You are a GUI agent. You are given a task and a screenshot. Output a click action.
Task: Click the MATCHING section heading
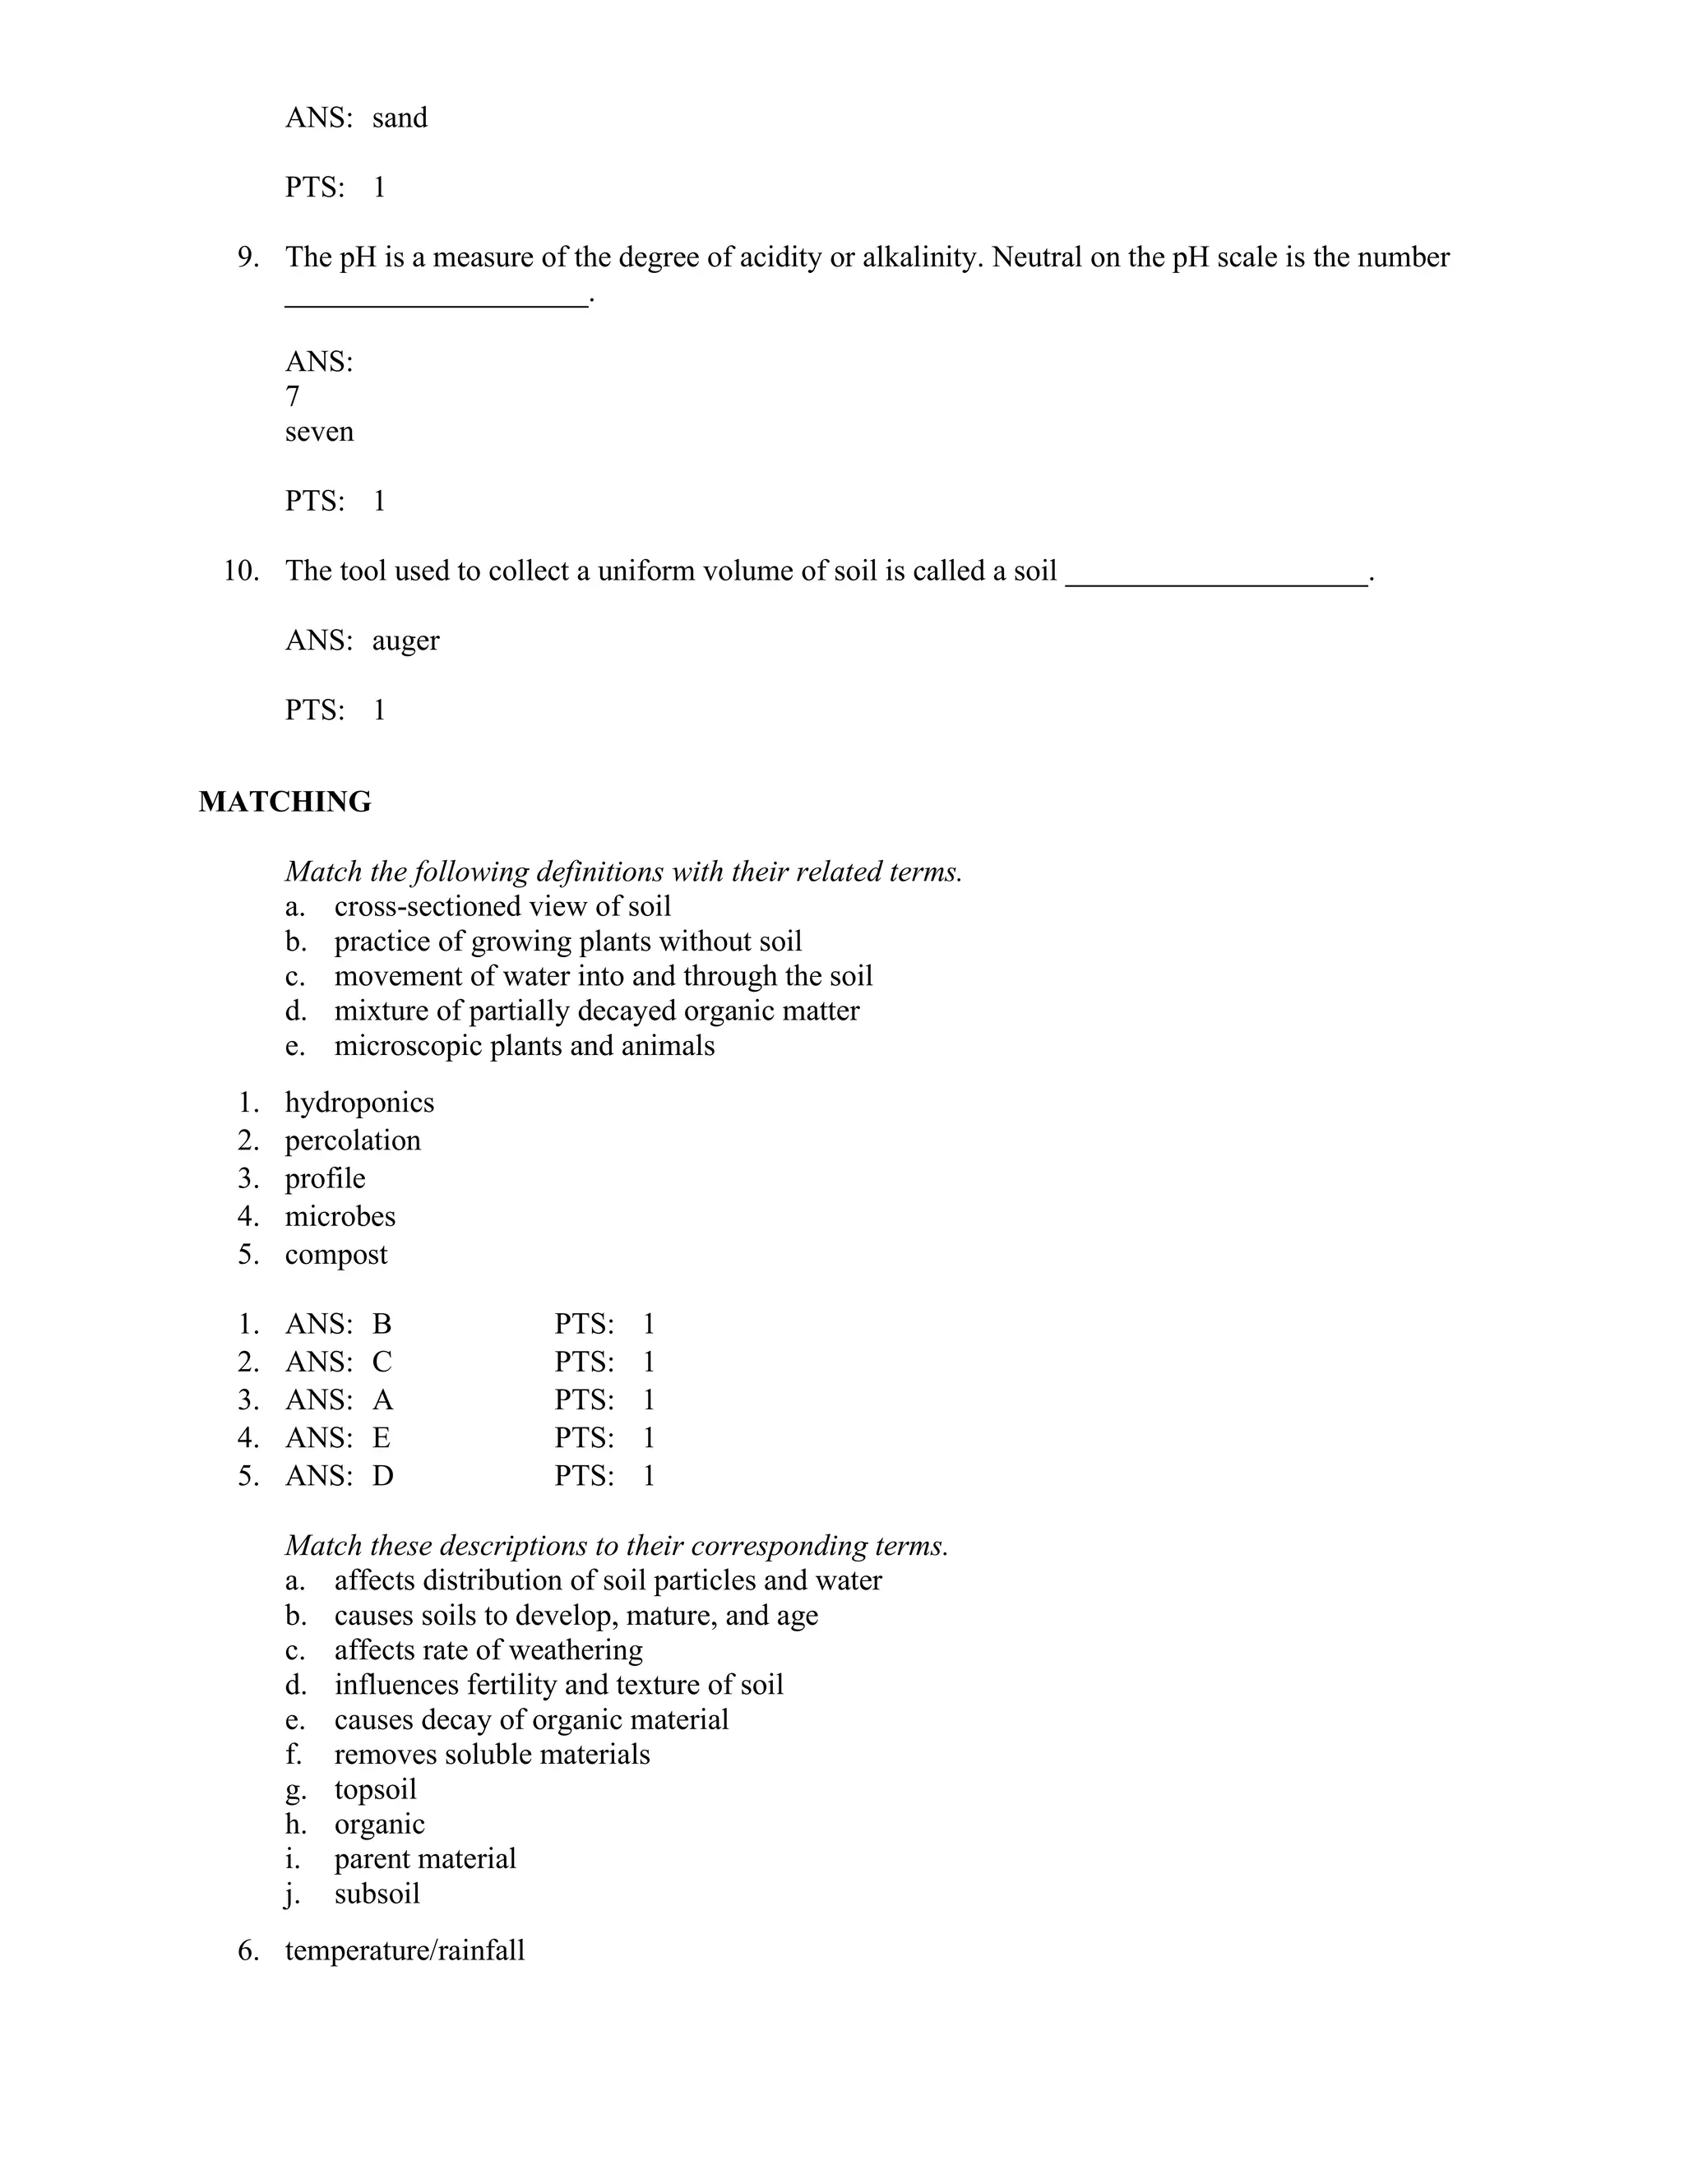[x=285, y=803]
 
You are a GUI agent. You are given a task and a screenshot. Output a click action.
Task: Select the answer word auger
[x=405, y=641]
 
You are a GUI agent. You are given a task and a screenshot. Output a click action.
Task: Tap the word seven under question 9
[x=319, y=432]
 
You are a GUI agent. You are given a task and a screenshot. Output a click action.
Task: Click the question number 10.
[x=240, y=571]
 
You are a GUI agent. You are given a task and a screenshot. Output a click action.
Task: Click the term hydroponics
[x=359, y=1103]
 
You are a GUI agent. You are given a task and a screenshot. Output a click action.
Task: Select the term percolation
[x=352, y=1140]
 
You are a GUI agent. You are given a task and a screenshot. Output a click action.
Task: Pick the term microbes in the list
[x=340, y=1216]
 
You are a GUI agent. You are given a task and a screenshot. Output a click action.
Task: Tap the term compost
[x=335, y=1254]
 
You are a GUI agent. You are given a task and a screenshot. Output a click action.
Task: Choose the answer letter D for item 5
[x=383, y=1476]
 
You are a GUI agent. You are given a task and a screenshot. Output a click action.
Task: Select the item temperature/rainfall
[x=404, y=1950]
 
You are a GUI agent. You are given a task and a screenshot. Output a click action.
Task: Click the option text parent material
[x=425, y=1859]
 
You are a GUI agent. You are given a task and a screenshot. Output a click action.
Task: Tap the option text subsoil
[x=377, y=1894]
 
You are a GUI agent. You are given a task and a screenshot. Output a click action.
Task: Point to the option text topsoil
[x=375, y=1789]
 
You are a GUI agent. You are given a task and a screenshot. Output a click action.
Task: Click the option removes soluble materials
[x=492, y=1754]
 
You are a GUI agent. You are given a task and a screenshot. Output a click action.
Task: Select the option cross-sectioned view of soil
[x=502, y=906]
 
